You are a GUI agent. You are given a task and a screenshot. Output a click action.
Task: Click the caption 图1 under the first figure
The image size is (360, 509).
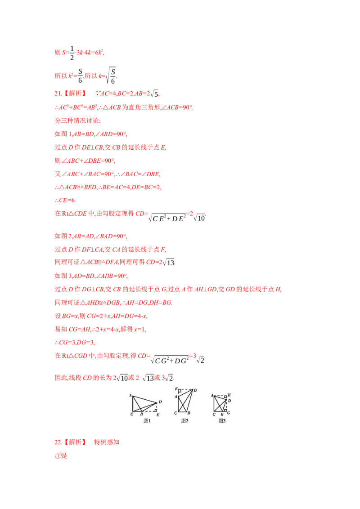pos(147,421)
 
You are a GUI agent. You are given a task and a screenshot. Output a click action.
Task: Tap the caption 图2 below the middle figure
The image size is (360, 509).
pos(184,421)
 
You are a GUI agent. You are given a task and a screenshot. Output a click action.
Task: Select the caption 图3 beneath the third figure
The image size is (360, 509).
pos(222,421)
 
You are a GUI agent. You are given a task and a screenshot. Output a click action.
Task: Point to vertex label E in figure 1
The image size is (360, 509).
pos(158,415)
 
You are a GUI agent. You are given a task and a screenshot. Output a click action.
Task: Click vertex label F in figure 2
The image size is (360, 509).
pos(176,388)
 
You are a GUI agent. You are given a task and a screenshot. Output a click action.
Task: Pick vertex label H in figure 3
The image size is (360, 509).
pos(229,395)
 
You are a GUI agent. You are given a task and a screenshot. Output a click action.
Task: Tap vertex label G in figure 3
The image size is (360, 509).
pos(229,413)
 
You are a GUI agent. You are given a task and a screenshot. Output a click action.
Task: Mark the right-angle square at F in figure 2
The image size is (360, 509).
pos(180,391)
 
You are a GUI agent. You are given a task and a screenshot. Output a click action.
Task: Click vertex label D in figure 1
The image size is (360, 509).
pos(160,402)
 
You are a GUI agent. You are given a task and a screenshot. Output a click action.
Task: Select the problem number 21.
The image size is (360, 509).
pos(58,94)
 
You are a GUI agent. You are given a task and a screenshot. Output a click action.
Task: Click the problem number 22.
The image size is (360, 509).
pos(58,442)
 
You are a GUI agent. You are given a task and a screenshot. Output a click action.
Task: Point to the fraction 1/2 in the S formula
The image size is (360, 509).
pos(72,53)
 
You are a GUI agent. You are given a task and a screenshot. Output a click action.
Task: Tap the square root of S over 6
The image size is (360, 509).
pos(111,76)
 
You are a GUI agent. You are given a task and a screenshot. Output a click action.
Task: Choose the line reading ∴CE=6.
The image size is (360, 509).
pos(65,200)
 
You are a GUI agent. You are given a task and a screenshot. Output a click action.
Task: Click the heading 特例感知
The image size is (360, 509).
pos(107,442)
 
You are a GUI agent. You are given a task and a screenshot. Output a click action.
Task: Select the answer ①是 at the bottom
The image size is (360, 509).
pos(61,456)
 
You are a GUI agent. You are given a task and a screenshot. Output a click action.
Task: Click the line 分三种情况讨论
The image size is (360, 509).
pos(78,121)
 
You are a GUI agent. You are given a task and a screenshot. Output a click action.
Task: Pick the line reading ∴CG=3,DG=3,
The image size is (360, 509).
pos(75,343)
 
